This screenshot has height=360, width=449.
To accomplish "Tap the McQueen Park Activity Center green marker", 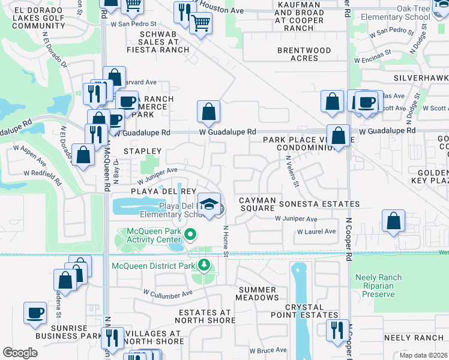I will pos(191,235).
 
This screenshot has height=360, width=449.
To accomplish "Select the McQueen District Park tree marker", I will pos(204,265).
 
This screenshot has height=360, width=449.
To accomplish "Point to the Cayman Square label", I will pos(257,204).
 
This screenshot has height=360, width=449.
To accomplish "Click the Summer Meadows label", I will pos(258,293).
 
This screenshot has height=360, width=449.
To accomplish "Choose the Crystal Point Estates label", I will pos(312,311).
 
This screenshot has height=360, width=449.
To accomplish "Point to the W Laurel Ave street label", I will pos(316,232).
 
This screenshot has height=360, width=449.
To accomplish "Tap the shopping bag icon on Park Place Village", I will pos(339,136).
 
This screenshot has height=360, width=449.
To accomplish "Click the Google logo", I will pos(20,352).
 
